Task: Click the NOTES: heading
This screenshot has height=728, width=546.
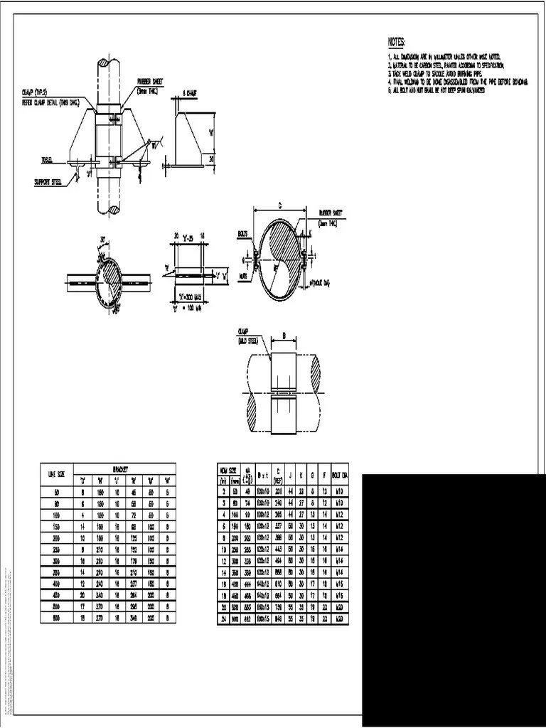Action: pyautogui.click(x=397, y=42)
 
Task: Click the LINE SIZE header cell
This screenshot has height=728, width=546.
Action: pyautogui.click(x=56, y=473)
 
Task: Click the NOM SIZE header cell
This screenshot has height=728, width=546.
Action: pyautogui.click(x=227, y=470)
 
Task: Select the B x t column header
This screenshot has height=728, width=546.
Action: pyautogui.click(x=262, y=474)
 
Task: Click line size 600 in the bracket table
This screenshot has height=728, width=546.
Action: pyautogui.click(x=56, y=619)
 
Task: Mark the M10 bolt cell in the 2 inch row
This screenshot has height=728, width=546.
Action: pyautogui.click(x=340, y=491)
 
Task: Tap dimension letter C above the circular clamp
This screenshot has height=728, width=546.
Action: pyautogui.click(x=279, y=205)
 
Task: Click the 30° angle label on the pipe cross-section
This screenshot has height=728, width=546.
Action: pyautogui.click(x=103, y=238)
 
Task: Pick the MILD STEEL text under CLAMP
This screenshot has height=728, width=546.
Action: pyautogui.click(x=249, y=341)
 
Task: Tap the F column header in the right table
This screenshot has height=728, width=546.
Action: pyautogui.click(x=324, y=474)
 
